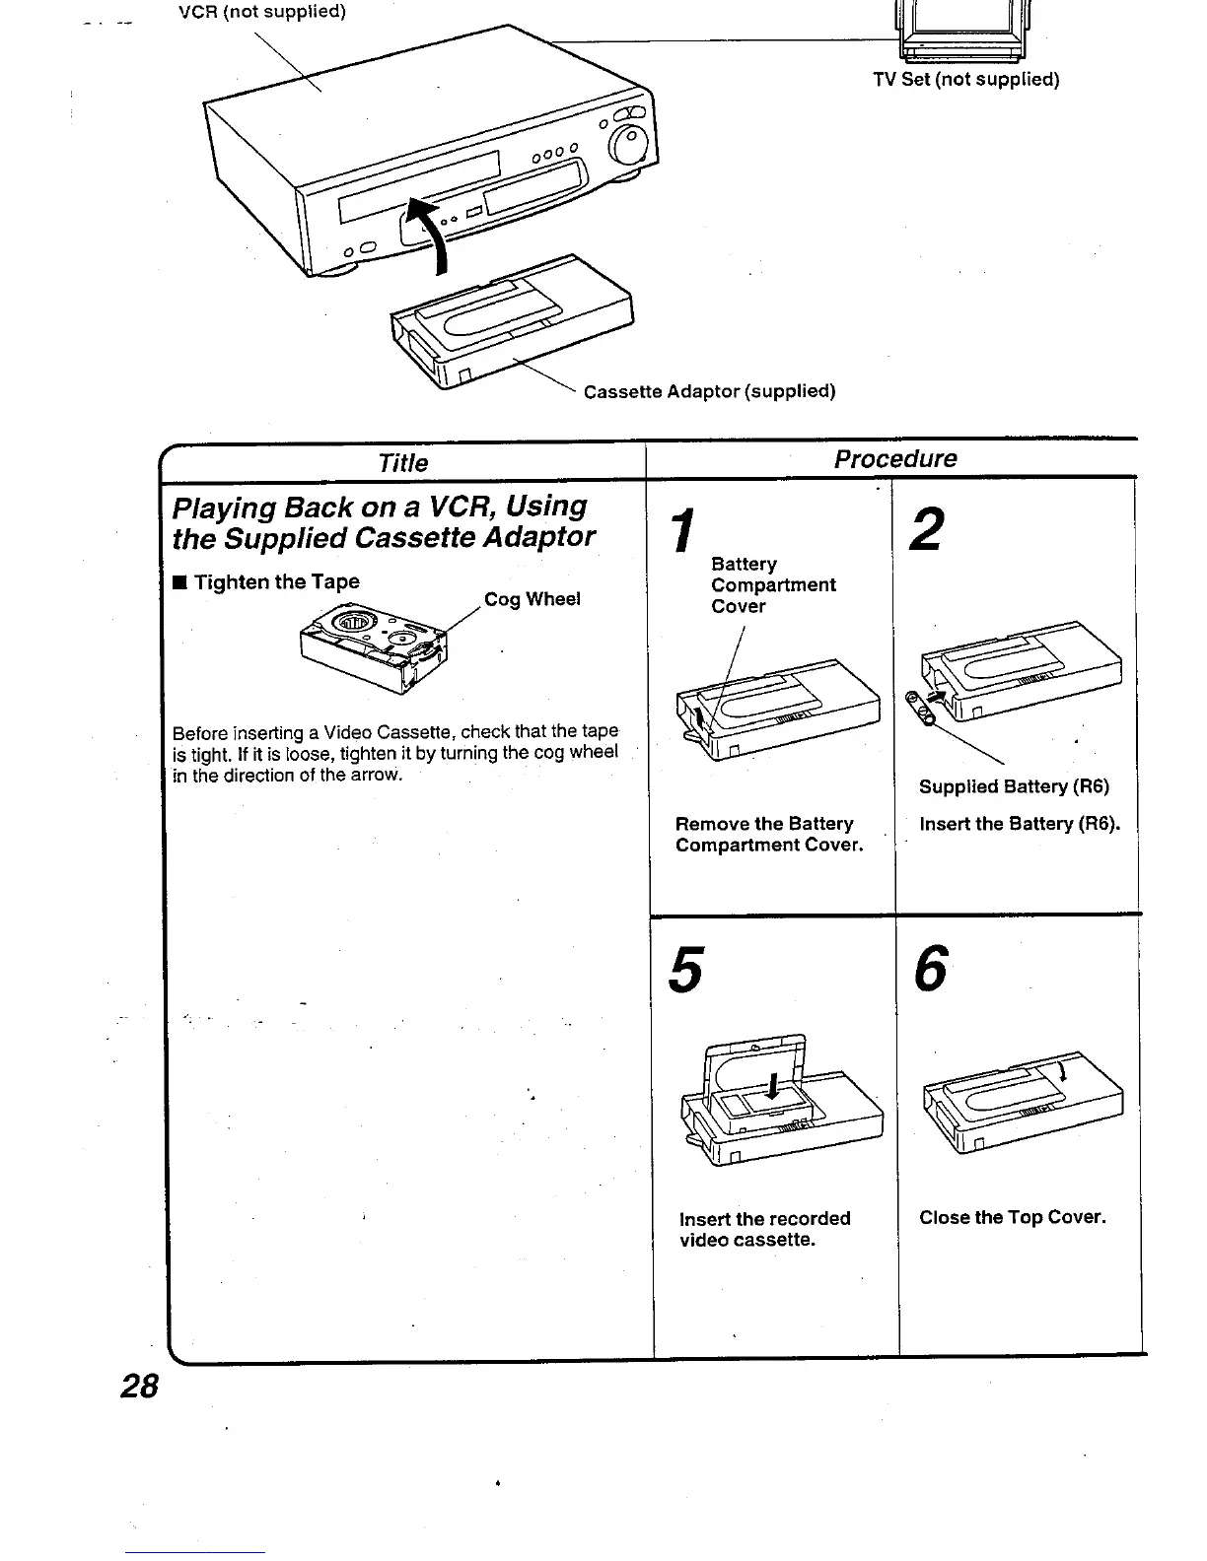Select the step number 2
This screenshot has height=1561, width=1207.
pyautogui.click(x=926, y=529)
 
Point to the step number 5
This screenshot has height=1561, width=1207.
pyautogui.click(x=686, y=970)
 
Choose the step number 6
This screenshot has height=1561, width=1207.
pyautogui.click(x=930, y=969)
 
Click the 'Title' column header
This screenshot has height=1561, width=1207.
pyautogui.click(x=402, y=463)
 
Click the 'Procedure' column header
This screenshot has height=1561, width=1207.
pyautogui.click(x=894, y=459)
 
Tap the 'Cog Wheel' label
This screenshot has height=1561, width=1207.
pyautogui.click(x=532, y=599)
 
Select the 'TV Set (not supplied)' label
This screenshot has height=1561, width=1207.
pyautogui.click(x=965, y=80)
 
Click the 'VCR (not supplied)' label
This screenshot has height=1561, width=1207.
pyautogui.click(x=261, y=13)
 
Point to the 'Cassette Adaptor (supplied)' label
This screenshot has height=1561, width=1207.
pyautogui.click(x=709, y=391)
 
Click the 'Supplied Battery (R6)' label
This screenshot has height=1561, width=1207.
pyautogui.click(x=1014, y=786)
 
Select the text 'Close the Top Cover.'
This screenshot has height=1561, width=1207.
pyautogui.click(x=1012, y=1217)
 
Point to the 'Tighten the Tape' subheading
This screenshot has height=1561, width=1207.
pyautogui.click(x=276, y=581)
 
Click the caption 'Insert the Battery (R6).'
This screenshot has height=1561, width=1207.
pyautogui.click(x=1019, y=824)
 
